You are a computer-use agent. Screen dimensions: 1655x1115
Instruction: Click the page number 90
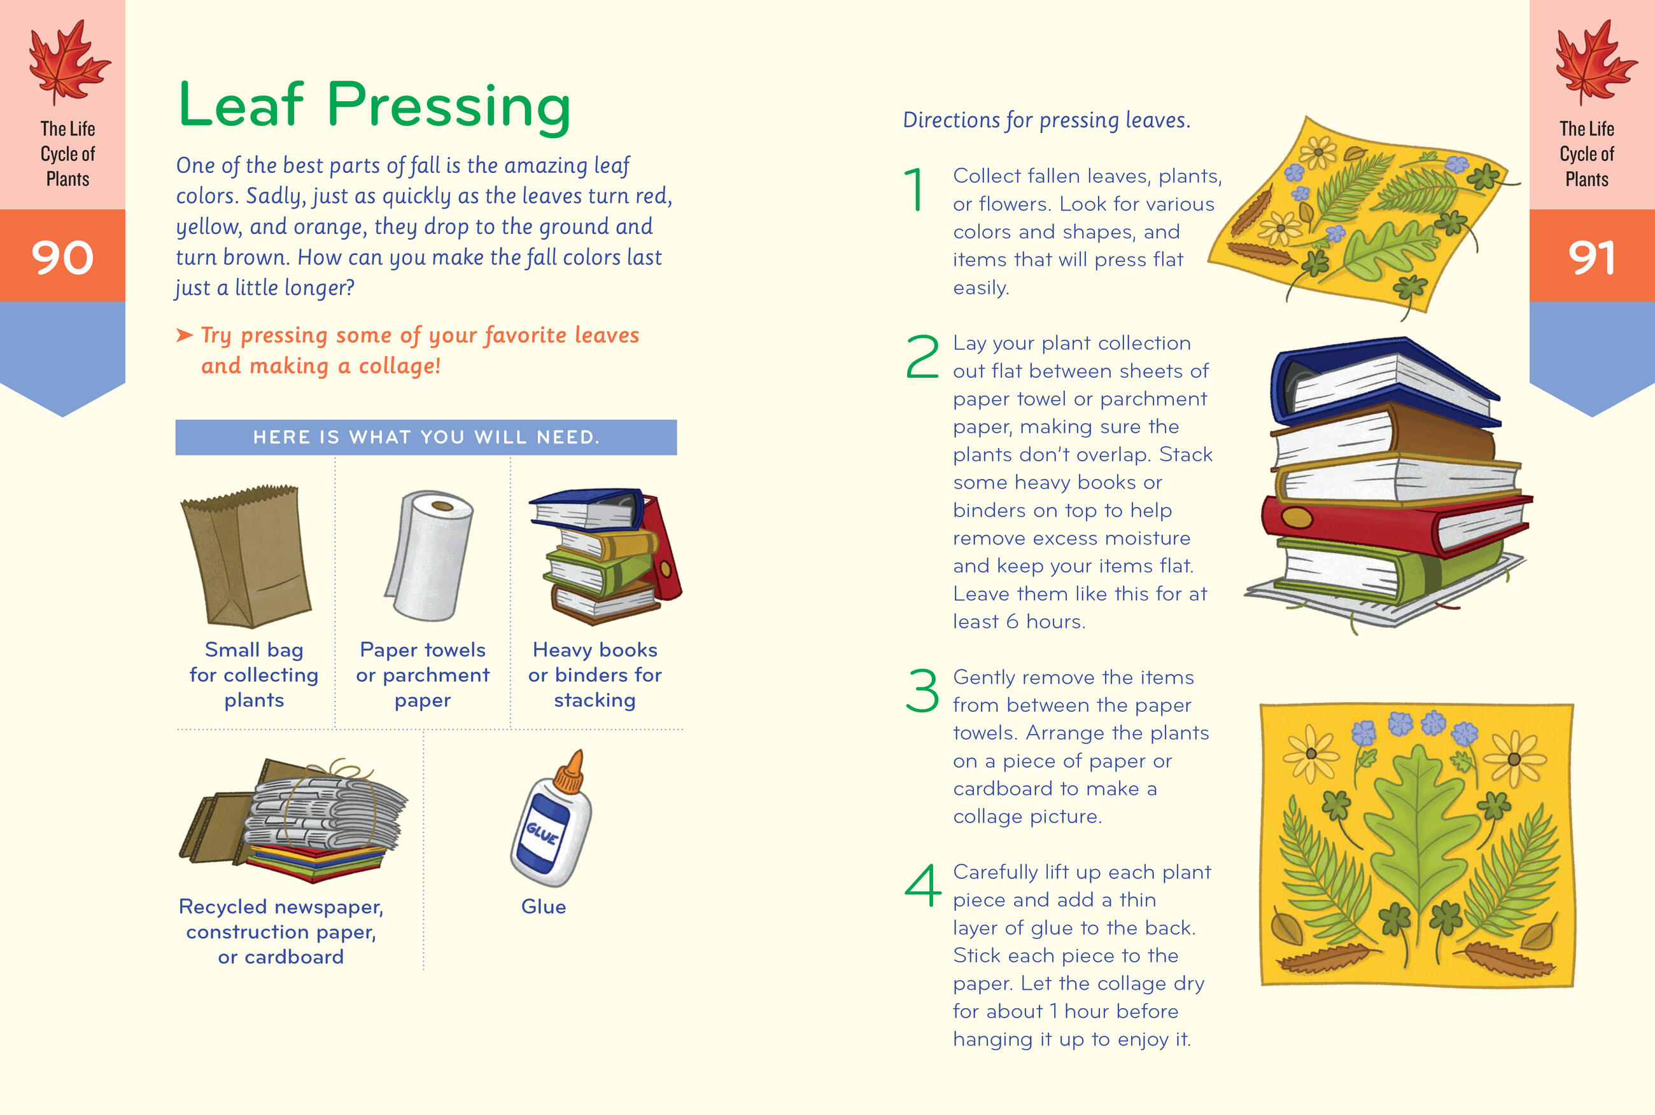click(62, 257)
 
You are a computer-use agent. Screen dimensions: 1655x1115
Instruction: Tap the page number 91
click(1592, 257)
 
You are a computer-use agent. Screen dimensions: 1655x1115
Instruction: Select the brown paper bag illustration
click(246, 555)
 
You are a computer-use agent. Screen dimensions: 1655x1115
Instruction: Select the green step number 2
click(922, 356)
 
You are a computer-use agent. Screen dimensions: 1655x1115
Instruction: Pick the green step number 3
click(922, 689)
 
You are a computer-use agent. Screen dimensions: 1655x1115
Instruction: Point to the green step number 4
click(923, 885)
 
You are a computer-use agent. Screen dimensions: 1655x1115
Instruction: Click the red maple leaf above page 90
click(68, 62)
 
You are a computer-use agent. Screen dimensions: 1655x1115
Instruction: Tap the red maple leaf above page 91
click(1596, 62)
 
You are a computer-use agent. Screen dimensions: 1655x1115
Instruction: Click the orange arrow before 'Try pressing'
click(185, 335)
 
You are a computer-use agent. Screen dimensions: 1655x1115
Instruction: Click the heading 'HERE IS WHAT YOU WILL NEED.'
click(426, 438)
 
